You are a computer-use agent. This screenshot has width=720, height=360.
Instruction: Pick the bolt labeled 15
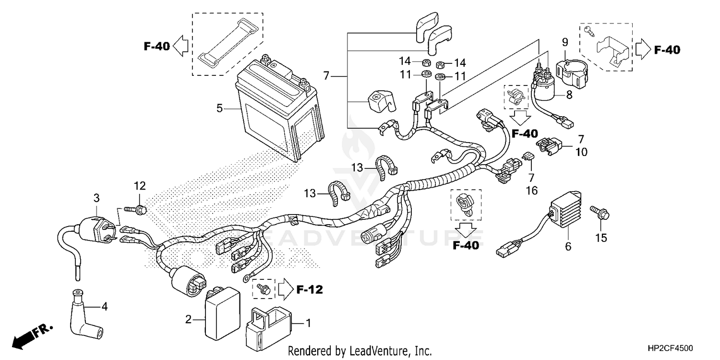pyautogui.click(x=600, y=213)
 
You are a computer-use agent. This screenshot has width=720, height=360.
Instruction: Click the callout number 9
pyautogui.click(x=565, y=42)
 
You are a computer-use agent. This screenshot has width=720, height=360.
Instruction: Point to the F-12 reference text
pyautogui.click(x=309, y=289)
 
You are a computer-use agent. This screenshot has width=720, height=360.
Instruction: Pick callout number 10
pyautogui.click(x=581, y=152)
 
